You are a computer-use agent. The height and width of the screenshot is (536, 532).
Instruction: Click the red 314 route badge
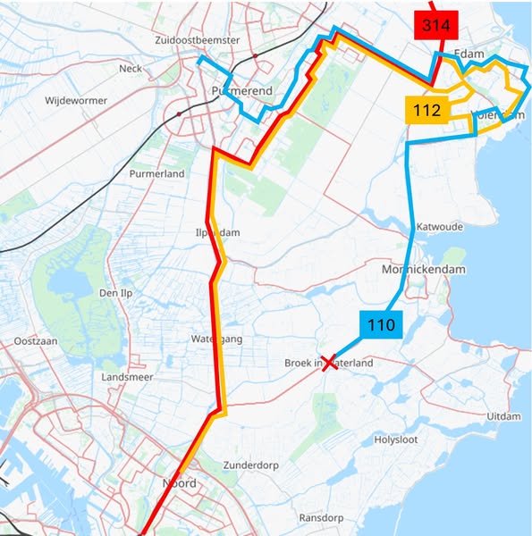(x=435, y=26)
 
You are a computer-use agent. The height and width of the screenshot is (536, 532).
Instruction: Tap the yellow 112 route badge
(x=426, y=111)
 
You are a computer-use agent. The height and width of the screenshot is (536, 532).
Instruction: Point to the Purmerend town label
(x=235, y=92)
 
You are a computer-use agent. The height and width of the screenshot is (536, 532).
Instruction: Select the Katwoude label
(x=439, y=227)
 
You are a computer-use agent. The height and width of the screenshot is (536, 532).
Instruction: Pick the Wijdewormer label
(x=76, y=101)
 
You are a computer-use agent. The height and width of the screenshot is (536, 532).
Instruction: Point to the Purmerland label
(x=156, y=173)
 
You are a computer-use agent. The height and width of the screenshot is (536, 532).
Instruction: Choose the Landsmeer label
(x=128, y=378)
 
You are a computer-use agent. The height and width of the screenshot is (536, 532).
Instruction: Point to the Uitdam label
(x=502, y=417)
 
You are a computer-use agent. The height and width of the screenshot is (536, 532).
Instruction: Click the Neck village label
(x=131, y=68)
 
